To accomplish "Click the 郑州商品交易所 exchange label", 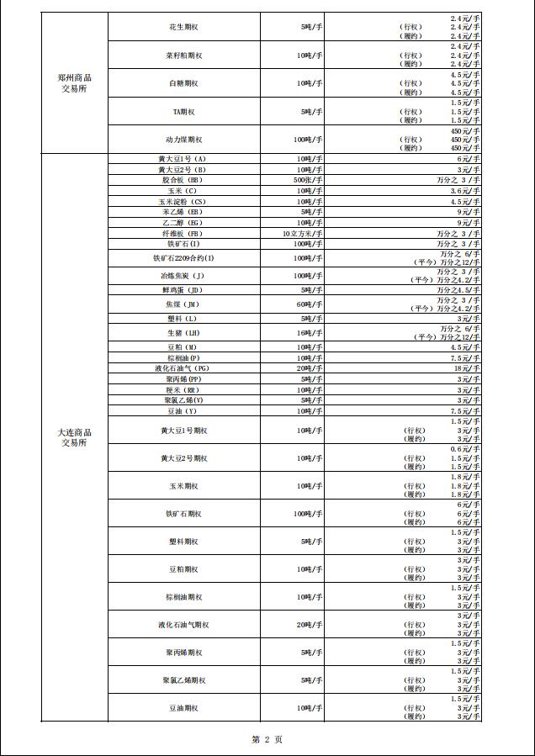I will click(x=74, y=83).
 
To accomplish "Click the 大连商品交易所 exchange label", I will click(x=74, y=436).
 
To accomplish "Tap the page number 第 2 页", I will click(x=267, y=739).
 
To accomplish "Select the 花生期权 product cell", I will click(x=183, y=27).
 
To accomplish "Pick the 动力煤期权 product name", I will click(x=183, y=139).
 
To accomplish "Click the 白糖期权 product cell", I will click(x=183, y=83).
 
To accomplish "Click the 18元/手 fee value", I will click(x=468, y=368).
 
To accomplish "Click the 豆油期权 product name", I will click(x=183, y=708).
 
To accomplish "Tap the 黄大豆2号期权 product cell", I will click(x=183, y=458).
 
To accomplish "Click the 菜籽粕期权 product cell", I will click(x=183, y=56).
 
